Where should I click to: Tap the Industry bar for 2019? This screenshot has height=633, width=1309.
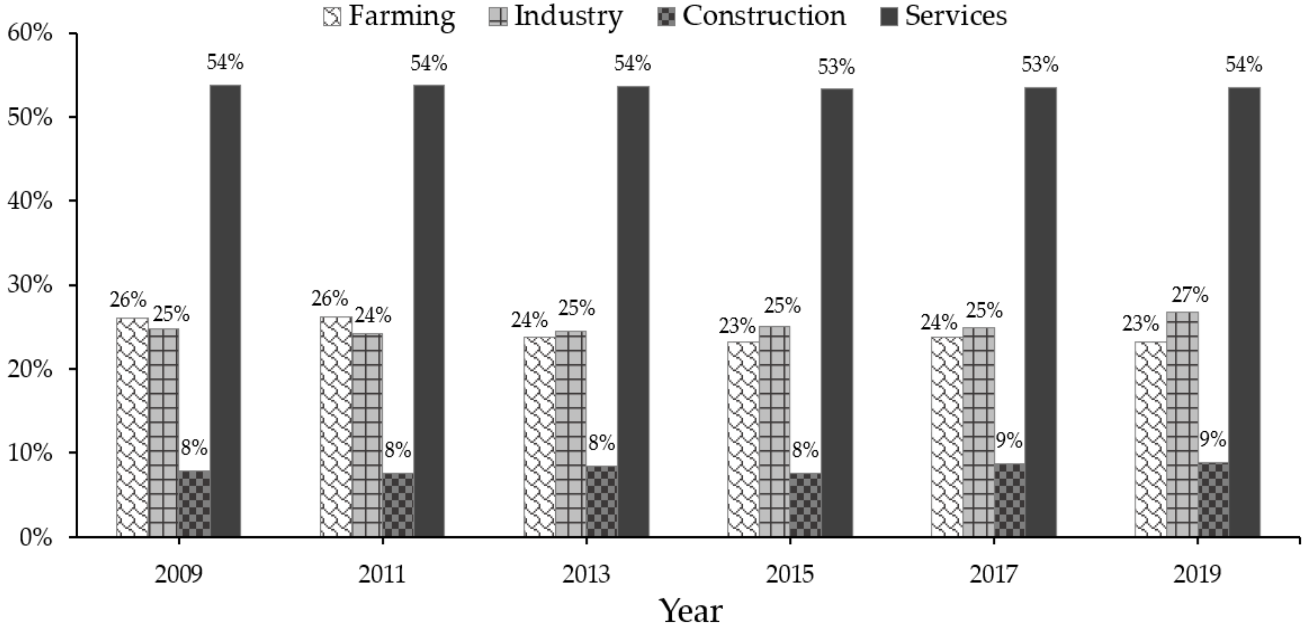(x=1182, y=424)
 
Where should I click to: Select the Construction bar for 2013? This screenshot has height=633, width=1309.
(x=602, y=501)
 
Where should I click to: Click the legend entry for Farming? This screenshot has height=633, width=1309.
(x=389, y=15)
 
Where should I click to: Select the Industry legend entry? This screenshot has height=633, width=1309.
(x=556, y=15)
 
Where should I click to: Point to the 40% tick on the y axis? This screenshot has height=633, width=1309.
(x=30, y=201)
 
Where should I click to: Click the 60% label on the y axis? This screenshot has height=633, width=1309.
(x=30, y=33)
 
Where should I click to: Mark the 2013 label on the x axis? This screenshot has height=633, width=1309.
(x=586, y=575)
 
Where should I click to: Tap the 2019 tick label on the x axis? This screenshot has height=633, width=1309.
(x=1197, y=575)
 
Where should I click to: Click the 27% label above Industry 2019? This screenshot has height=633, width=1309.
(x=1190, y=295)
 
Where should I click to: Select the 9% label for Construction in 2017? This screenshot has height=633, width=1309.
(x=1009, y=441)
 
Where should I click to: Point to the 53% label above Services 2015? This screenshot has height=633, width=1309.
(x=836, y=67)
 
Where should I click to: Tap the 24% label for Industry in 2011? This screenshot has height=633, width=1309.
(x=373, y=316)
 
